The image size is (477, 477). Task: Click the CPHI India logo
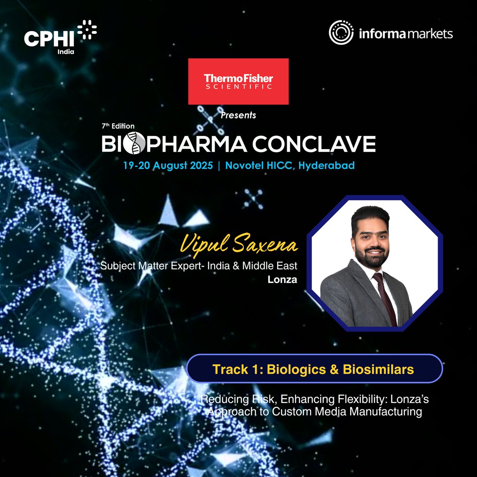pyautogui.click(x=60, y=37)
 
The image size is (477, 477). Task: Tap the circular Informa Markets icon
pyautogui.click(x=341, y=33)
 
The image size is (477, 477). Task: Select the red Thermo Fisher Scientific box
pyautogui.click(x=238, y=81)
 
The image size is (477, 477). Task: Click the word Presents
pyautogui.click(x=238, y=115)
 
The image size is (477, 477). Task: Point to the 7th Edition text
pyautogui.click(x=118, y=126)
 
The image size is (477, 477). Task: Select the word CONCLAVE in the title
pyautogui.click(x=314, y=144)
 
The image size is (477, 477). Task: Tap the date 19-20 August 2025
pyautogui.click(x=168, y=165)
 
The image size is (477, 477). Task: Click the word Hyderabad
pyautogui.click(x=326, y=165)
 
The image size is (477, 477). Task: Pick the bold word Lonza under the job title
pyautogui.click(x=282, y=279)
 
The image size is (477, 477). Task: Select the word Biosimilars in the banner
pyautogui.click(x=378, y=369)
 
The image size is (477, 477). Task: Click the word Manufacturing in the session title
pyautogui.click(x=386, y=411)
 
